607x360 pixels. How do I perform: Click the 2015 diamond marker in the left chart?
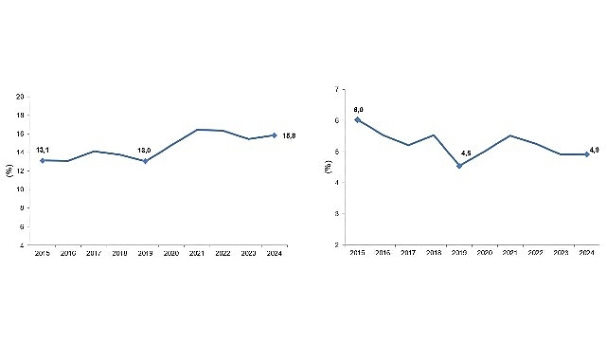pyautogui.click(x=43, y=160)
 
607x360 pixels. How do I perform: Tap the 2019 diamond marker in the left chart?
pyautogui.click(x=145, y=161)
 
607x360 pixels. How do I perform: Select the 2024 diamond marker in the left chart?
pyautogui.click(x=274, y=135)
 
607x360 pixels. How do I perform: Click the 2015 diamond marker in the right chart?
pyautogui.click(x=357, y=119)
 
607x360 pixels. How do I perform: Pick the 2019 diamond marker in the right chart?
pyautogui.click(x=459, y=166)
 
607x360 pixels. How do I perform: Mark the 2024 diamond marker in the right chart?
pyautogui.click(x=587, y=153)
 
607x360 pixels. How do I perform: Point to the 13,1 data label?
pyautogui.click(x=43, y=150)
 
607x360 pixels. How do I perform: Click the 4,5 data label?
pyautogui.click(x=466, y=153)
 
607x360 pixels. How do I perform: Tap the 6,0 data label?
pyautogui.click(x=358, y=109)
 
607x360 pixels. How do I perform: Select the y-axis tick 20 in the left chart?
pyautogui.click(x=21, y=97)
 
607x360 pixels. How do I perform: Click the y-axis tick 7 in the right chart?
pyautogui.click(x=337, y=89)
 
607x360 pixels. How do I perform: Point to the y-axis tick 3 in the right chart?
pyautogui.click(x=337, y=213)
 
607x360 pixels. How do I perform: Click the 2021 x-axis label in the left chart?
pyautogui.click(x=197, y=253)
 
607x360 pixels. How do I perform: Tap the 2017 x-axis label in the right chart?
pyautogui.click(x=408, y=253)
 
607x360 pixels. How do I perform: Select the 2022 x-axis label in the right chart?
pyautogui.click(x=536, y=253)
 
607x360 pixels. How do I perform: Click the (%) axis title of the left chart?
pyautogui.click(x=9, y=171)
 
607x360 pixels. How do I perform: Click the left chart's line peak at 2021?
pyautogui.click(x=197, y=129)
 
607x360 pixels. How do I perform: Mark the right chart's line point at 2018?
pyautogui.click(x=434, y=135)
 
